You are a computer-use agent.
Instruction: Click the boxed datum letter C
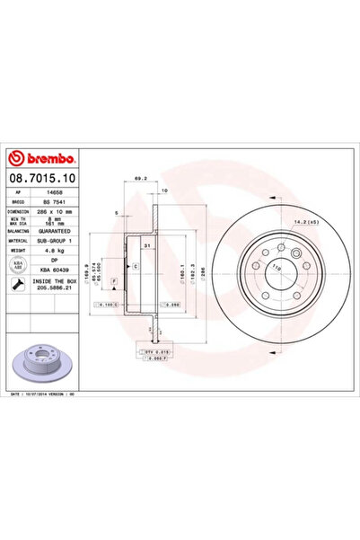point(135,268)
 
